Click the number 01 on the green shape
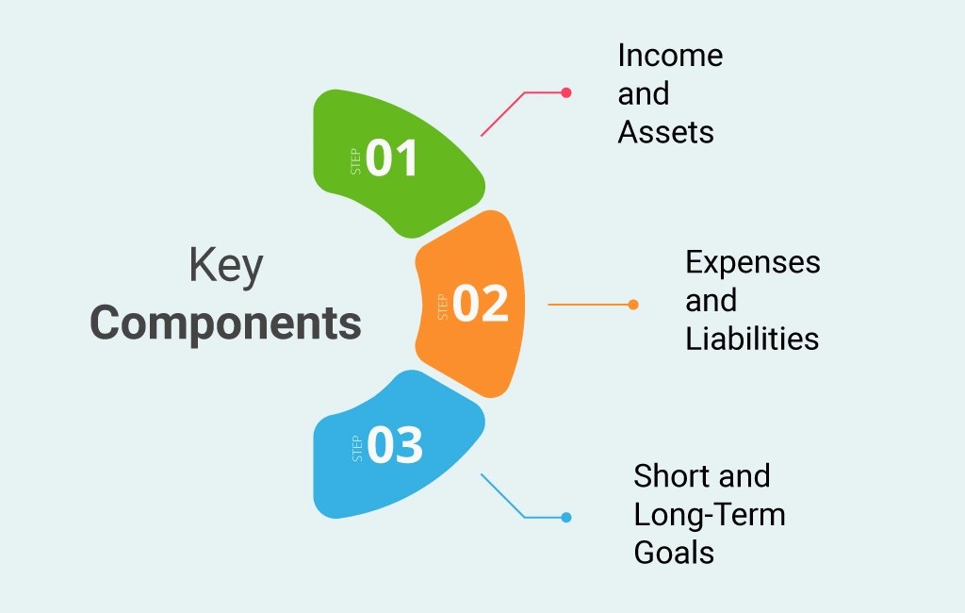point(392,158)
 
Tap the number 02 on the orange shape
point(480,304)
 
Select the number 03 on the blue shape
point(395,446)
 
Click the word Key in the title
point(226,267)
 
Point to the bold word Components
point(226,323)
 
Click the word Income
point(670,56)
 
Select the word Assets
point(665,132)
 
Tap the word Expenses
point(753,262)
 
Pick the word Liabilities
point(752,339)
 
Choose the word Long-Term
point(710,514)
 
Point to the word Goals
point(674,552)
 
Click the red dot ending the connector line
point(566,92)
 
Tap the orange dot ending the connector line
point(633,305)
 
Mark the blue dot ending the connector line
point(565,517)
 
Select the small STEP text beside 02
point(442,307)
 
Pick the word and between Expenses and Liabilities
point(711,301)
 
